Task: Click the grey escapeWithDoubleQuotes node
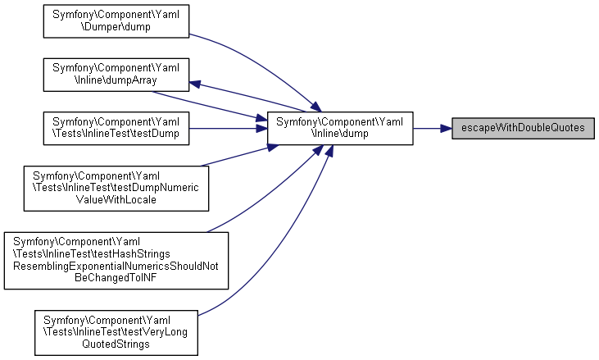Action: pos(523,129)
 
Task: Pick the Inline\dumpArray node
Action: pos(116,75)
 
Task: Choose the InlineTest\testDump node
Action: pos(116,129)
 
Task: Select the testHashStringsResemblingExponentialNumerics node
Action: pos(116,260)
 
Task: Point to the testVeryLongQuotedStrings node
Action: pos(116,332)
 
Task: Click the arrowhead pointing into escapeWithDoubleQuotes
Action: pos(446,129)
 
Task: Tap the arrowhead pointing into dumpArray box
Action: pos(197,83)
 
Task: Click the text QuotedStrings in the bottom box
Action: pos(116,344)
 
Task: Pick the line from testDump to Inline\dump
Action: pos(229,129)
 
